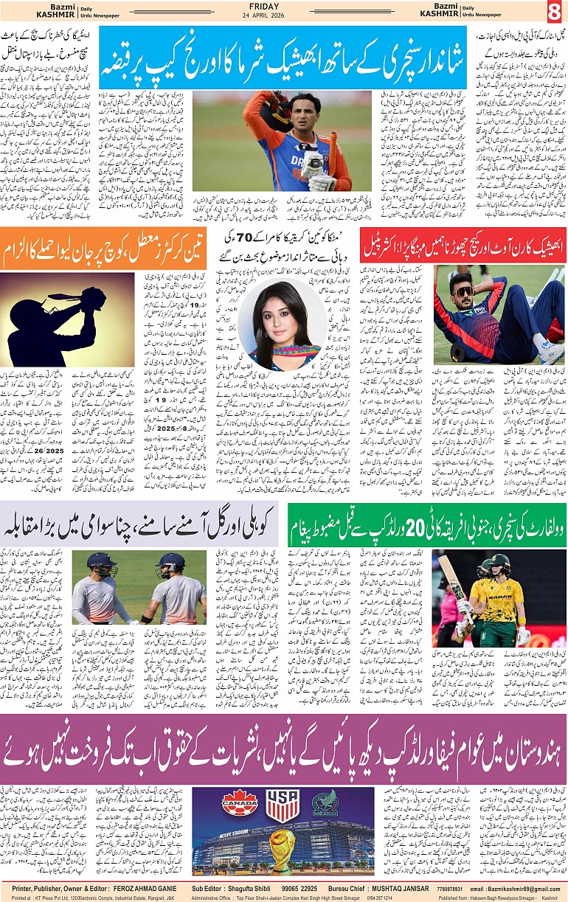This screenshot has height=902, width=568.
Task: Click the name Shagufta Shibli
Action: (253, 888)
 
